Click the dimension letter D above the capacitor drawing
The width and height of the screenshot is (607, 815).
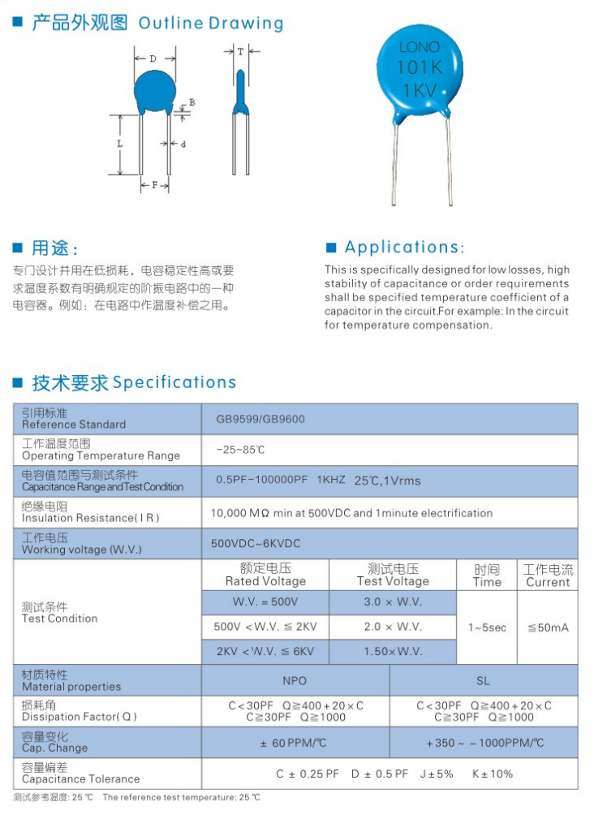coord(153,58)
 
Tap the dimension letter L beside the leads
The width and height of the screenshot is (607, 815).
coord(119,144)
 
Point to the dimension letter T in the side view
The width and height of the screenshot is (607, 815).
coord(240,51)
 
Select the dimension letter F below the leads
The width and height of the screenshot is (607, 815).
coord(154,185)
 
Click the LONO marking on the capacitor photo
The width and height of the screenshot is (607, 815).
coord(420,48)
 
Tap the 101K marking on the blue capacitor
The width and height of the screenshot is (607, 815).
coord(418,68)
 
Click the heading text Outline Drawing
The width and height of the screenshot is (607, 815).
coord(211,24)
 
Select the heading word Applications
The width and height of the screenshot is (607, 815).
coord(404,248)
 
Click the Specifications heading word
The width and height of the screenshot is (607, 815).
coord(174,382)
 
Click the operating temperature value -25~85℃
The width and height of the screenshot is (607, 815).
coord(240,450)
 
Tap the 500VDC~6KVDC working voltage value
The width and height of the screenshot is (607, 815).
coord(256,543)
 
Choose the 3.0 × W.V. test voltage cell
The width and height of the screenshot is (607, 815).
coord(393,602)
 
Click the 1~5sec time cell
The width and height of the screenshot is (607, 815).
coord(487,627)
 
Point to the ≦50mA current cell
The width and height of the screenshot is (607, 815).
coord(548,627)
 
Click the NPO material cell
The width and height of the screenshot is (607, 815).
coord(295,680)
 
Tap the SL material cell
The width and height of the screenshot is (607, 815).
coord(484,680)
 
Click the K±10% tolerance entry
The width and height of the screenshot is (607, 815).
coord(493,774)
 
